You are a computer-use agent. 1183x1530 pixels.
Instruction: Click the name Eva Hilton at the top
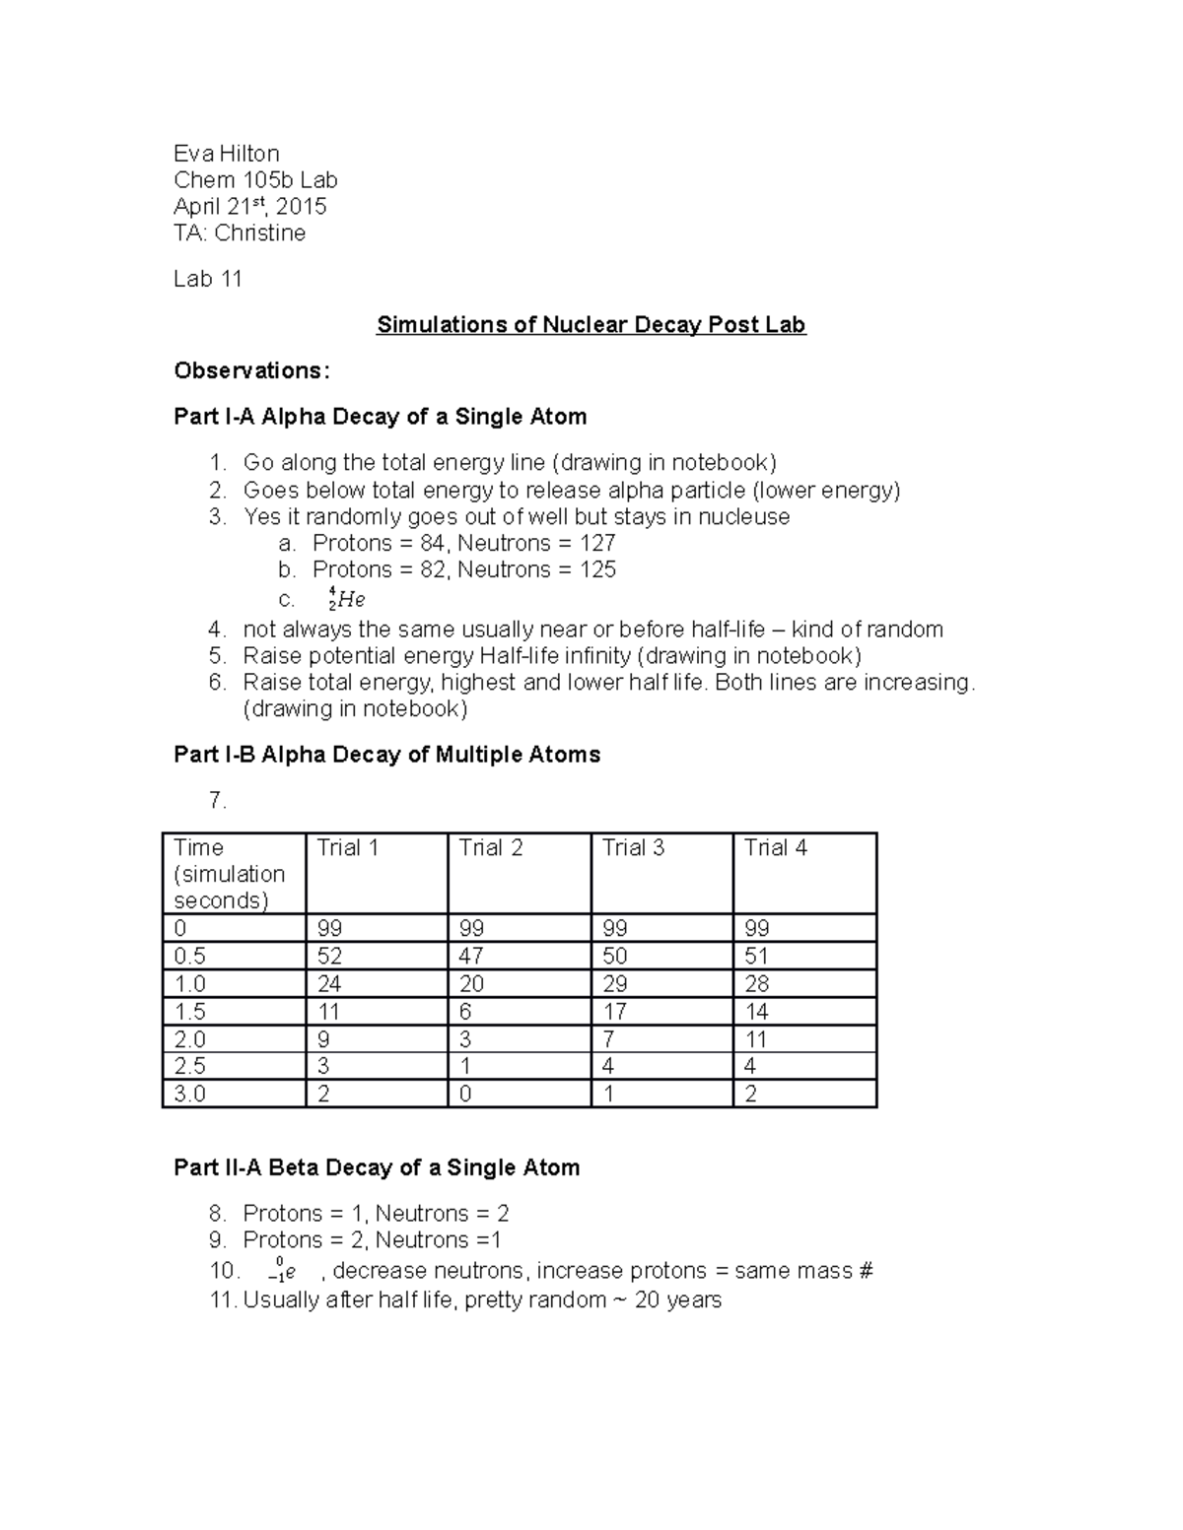point(226,154)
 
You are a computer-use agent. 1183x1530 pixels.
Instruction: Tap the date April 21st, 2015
point(249,207)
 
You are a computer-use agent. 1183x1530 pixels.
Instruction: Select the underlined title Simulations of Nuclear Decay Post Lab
point(591,325)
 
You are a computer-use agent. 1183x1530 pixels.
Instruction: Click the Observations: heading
point(251,370)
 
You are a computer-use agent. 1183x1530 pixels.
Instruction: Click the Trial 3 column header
point(633,848)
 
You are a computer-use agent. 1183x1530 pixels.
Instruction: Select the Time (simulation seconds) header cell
point(230,874)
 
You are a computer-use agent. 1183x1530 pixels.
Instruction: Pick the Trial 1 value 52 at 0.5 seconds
point(329,956)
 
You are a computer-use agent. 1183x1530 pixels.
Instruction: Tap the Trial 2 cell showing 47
point(471,956)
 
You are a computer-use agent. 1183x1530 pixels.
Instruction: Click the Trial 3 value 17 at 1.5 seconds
point(615,1011)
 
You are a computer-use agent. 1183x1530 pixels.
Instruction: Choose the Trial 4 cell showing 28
point(756,983)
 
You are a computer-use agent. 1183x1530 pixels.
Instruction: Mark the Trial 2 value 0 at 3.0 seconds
point(465,1094)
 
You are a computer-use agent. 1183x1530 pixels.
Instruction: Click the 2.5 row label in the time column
point(189,1066)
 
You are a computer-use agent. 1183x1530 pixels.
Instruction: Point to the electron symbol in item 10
point(282,1272)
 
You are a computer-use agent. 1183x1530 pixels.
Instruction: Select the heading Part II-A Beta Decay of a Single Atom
point(377,1167)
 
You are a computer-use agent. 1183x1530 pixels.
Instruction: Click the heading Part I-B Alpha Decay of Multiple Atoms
point(386,755)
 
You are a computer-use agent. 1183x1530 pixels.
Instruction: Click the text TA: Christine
point(240,233)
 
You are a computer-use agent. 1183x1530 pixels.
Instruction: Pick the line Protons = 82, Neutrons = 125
point(463,569)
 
